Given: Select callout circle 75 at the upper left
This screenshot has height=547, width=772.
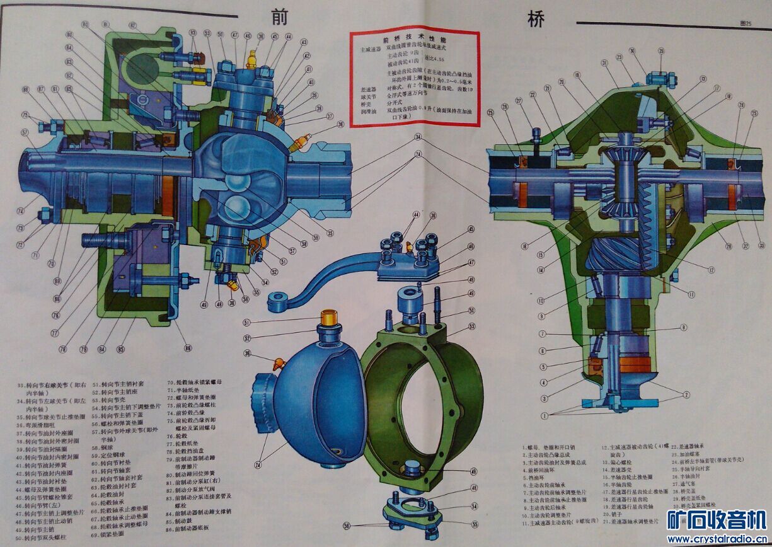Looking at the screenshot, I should pos(42,115).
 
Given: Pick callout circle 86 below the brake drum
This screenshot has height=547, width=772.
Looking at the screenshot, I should pos(187,347).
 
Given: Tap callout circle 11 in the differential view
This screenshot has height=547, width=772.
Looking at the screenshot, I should pos(691,294).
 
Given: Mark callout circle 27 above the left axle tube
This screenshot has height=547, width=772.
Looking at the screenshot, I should pos(519,101).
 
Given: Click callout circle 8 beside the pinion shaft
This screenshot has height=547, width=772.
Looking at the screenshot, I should pos(542,350).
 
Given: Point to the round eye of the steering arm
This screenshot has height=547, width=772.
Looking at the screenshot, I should pos(275,301).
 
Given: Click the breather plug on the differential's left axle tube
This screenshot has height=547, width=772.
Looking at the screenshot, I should pos(536,134).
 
